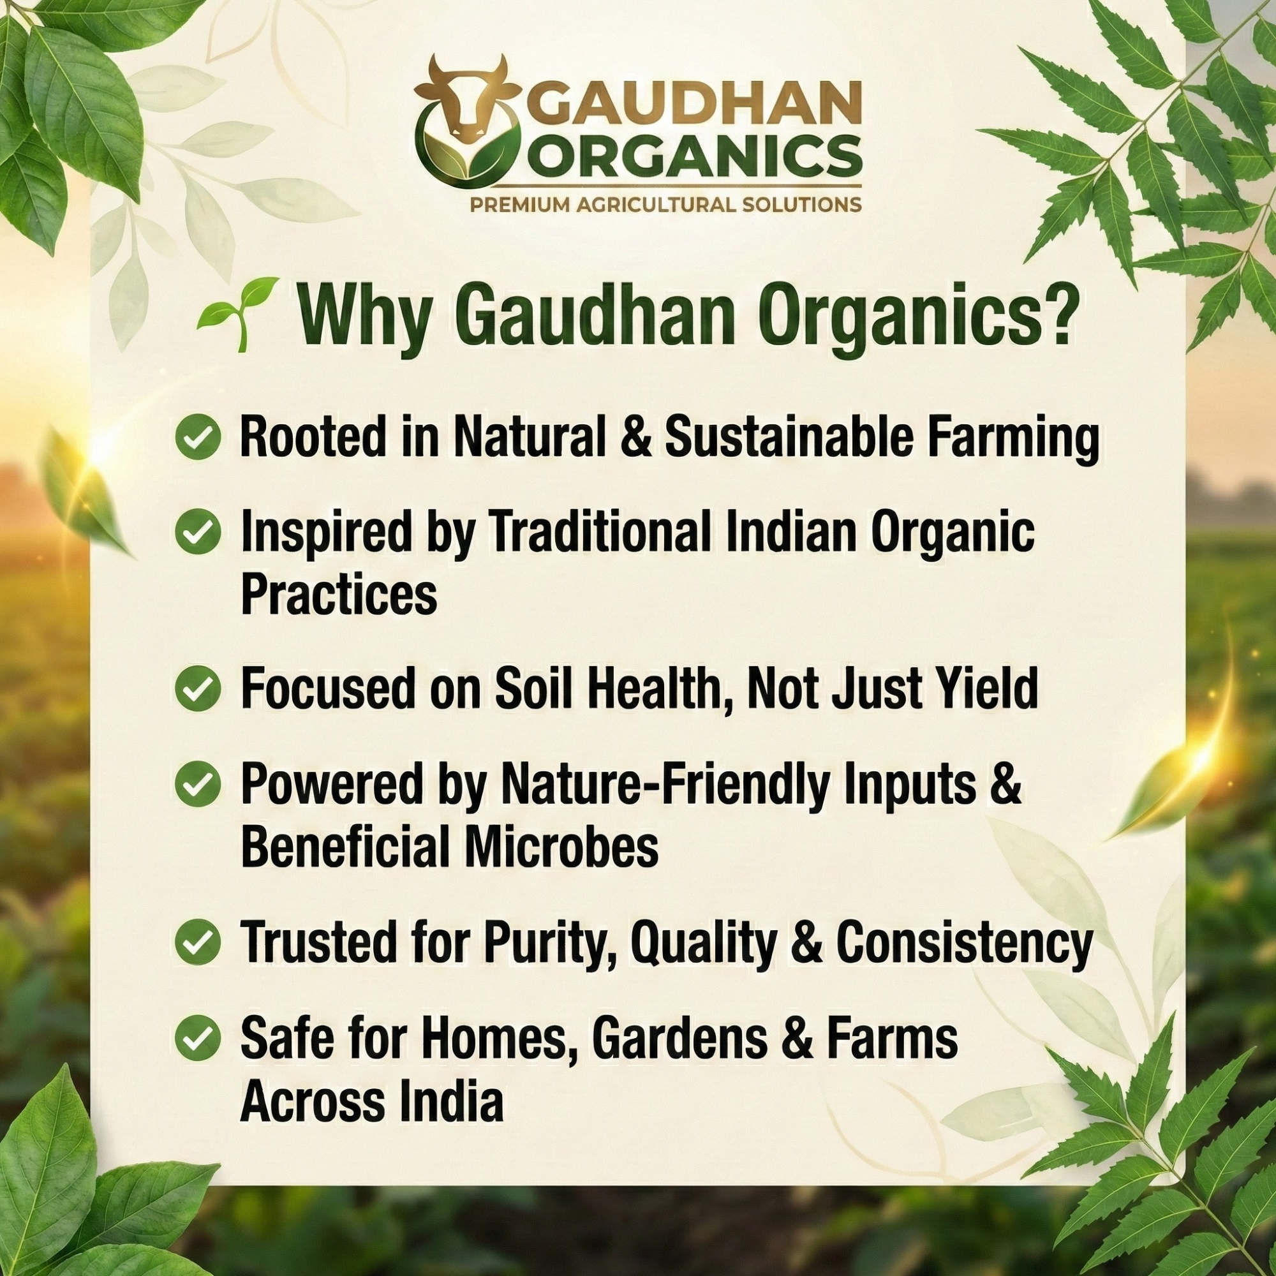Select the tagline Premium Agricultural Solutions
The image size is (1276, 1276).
coord(665,204)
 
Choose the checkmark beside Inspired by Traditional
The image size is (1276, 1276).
coord(198,533)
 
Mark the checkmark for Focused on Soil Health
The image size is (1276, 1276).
coord(198,689)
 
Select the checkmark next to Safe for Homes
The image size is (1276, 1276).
coord(198,1038)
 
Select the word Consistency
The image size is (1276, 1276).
coord(965,943)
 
